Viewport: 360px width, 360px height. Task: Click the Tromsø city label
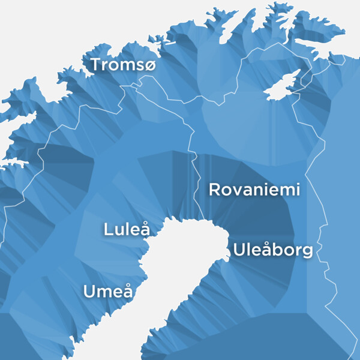[x=122, y=65]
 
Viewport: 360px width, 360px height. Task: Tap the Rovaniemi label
[x=254, y=190]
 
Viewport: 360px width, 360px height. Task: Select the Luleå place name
[x=126, y=229]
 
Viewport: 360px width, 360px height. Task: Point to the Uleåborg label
[x=274, y=250]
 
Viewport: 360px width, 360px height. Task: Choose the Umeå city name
[x=108, y=292]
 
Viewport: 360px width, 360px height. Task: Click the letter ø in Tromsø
[x=149, y=65]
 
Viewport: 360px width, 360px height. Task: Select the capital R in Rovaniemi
[x=214, y=190]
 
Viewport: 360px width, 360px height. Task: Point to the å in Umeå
[x=127, y=292]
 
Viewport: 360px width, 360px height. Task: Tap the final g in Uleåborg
[x=307, y=252]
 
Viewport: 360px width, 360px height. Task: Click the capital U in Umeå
[x=89, y=292]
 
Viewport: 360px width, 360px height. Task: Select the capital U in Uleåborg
[x=239, y=250]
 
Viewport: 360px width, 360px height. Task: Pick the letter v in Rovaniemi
[x=236, y=191]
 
